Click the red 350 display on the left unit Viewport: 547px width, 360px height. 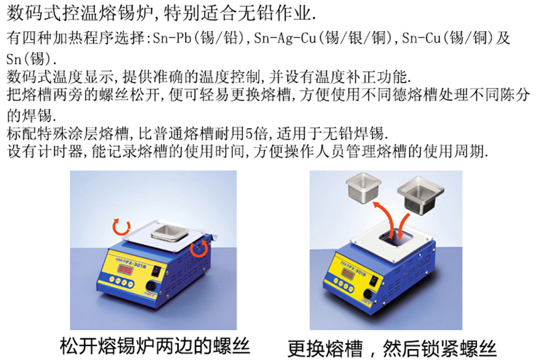(125, 269)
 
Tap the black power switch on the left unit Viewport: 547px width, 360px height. (158, 271)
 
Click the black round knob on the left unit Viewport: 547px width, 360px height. (151, 286)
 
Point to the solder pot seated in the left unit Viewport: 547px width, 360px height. (170, 233)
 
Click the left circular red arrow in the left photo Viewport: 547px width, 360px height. (121, 226)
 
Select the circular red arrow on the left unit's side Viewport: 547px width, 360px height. (199, 248)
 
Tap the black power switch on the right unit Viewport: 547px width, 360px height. (375, 280)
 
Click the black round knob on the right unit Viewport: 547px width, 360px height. (368, 294)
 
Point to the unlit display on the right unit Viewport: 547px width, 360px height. (348, 274)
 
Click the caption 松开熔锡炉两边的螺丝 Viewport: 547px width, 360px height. (155, 345)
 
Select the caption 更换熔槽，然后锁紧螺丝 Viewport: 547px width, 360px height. (392, 348)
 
